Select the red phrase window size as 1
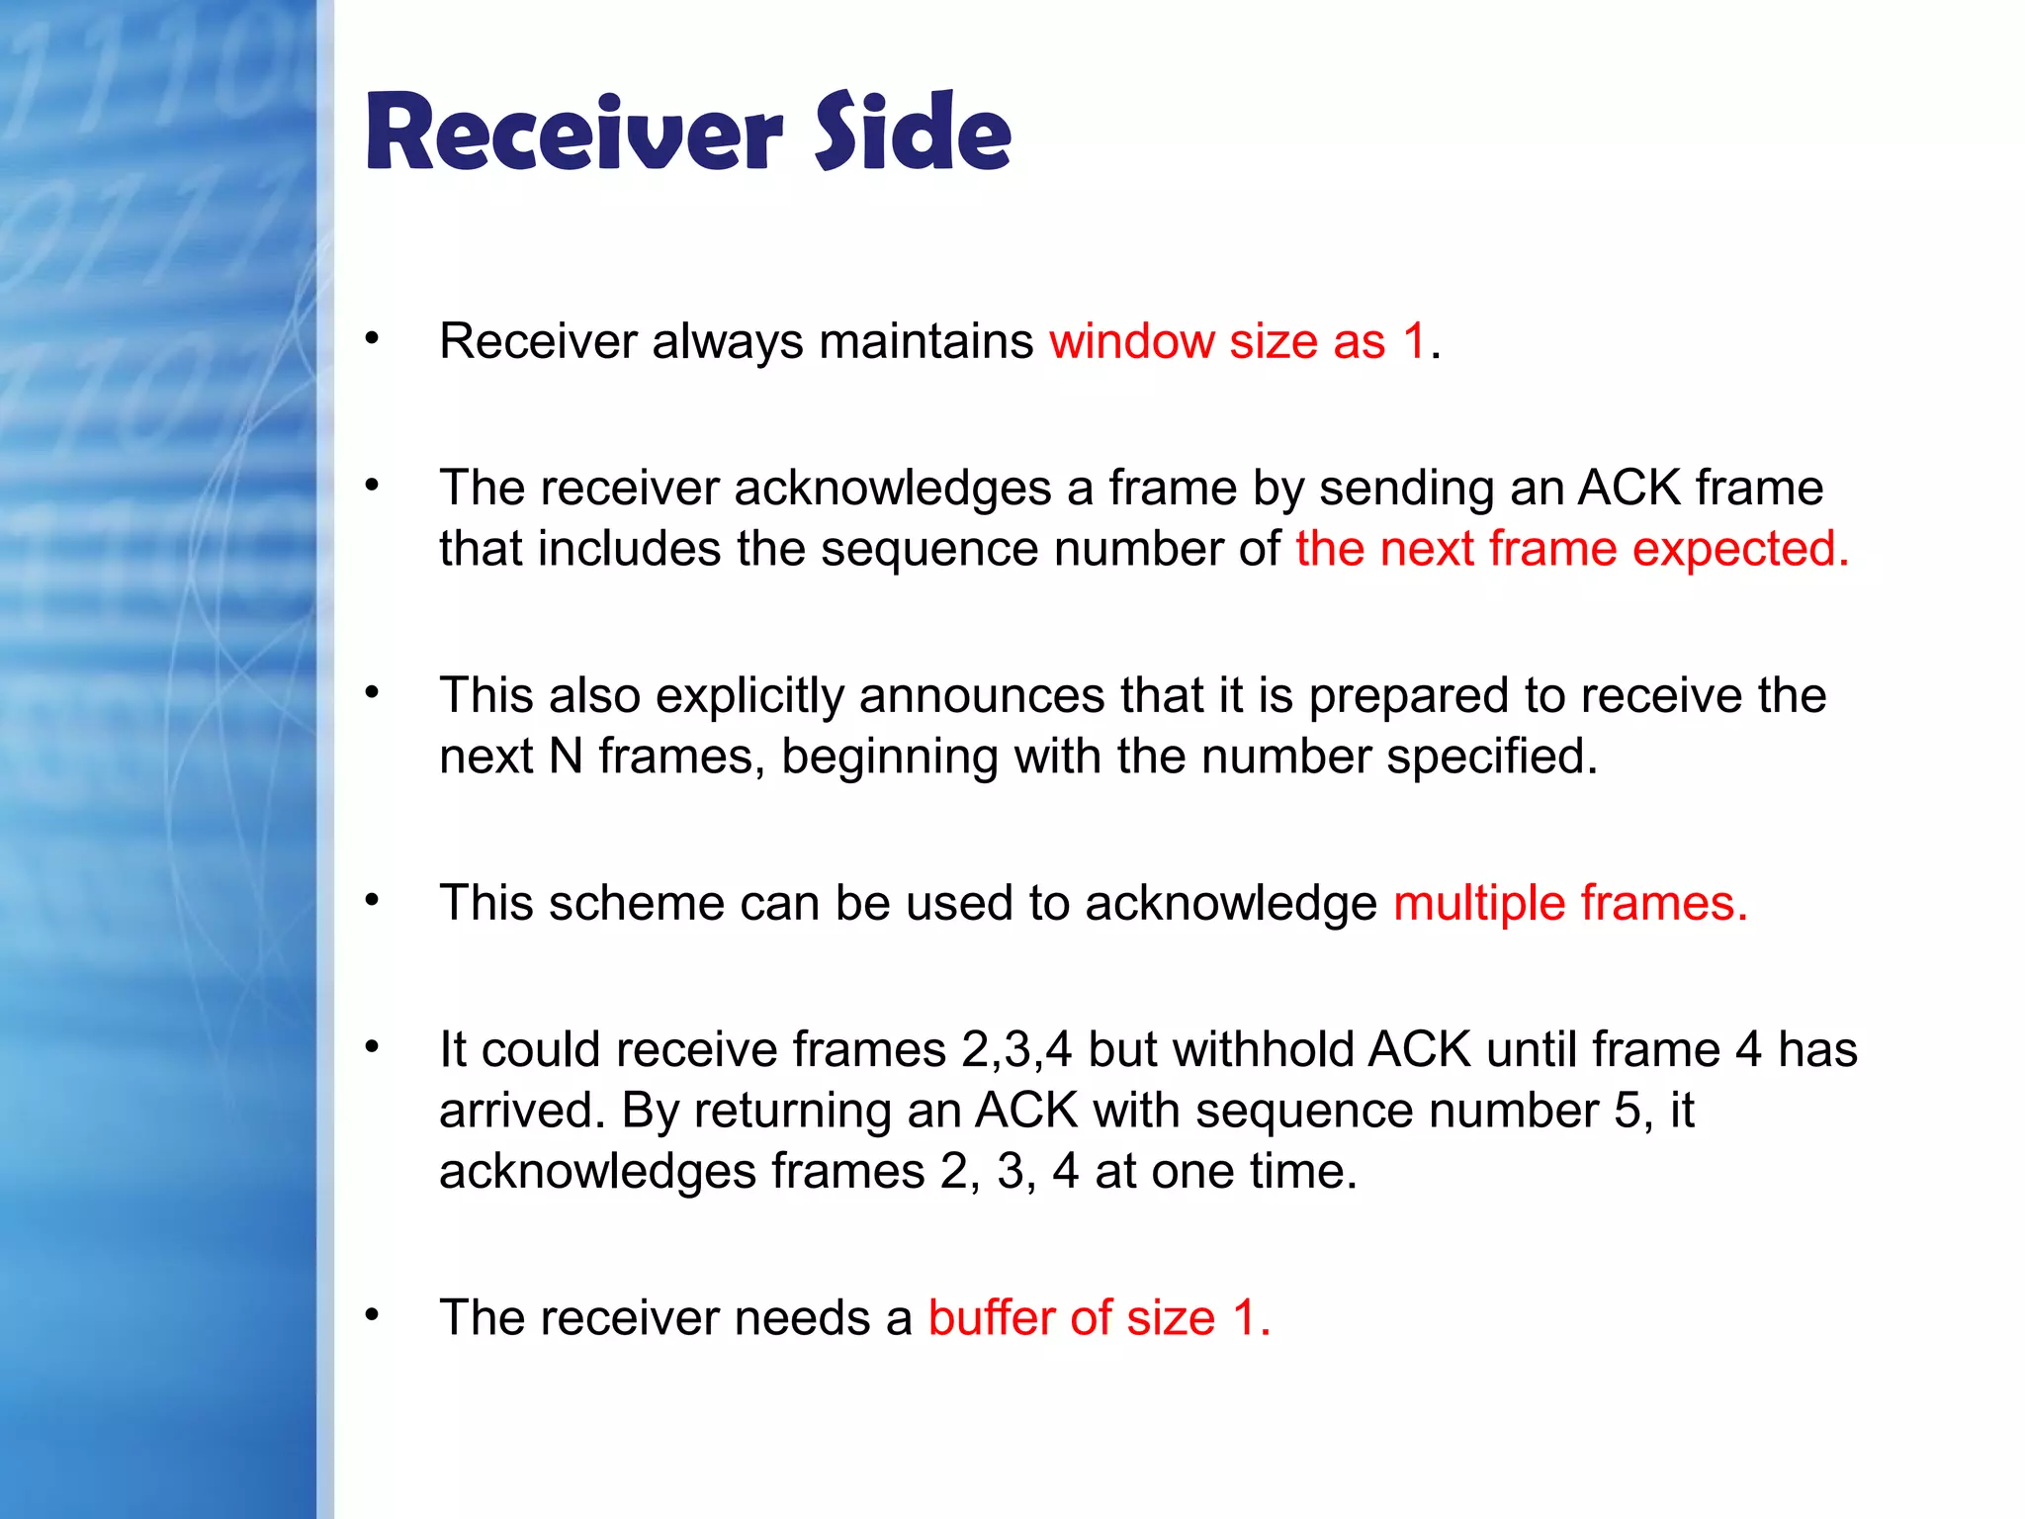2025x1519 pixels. point(1238,342)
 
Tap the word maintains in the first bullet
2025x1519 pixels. point(925,342)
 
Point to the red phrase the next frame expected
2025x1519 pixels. point(1571,549)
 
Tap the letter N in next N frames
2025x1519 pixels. point(566,758)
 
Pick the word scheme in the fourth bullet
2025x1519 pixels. point(636,904)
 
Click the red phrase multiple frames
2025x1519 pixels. point(1569,904)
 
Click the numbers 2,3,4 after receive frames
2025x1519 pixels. point(1015,1050)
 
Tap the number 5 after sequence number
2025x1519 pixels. point(1628,1112)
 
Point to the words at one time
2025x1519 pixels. point(1225,1172)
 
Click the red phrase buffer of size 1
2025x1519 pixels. point(1099,1319)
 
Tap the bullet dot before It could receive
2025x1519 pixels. point(372,1046)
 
